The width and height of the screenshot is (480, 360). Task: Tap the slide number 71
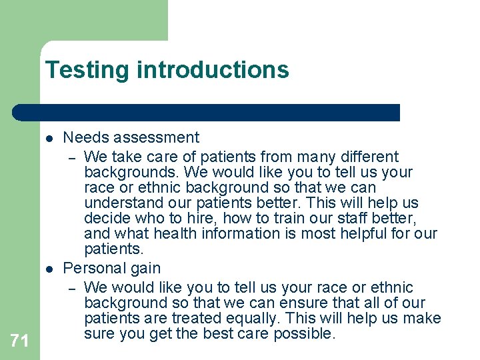(20, 341)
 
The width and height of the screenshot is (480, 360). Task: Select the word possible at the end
(308, 333)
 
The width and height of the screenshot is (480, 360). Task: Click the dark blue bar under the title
(207, 113)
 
